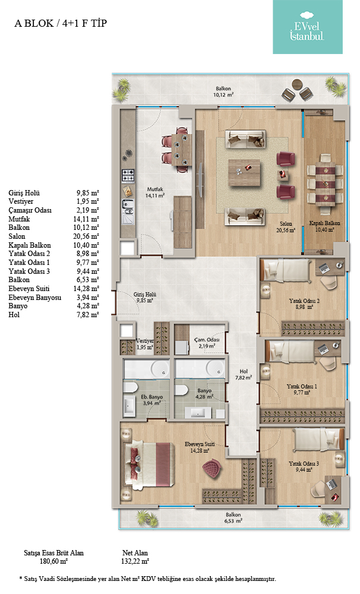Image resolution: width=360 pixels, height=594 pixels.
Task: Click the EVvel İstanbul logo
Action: coord(307,27)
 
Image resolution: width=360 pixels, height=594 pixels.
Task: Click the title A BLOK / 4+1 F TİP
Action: coord(61,24)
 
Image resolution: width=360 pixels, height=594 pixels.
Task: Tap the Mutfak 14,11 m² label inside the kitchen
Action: coord(156,192)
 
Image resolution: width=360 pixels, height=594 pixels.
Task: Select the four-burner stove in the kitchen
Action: coord(128,176)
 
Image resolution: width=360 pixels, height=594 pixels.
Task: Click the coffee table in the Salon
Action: coord(244,173)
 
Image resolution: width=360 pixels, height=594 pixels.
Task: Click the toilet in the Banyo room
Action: coord(181,390)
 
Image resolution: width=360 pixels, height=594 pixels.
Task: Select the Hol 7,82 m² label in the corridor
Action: coord(244,375)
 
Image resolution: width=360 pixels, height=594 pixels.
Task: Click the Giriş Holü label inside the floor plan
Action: coord(145,295)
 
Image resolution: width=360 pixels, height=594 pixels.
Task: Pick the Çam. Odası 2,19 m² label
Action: coord(207,343)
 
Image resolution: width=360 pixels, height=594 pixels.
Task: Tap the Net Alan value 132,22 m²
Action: coord(135,561)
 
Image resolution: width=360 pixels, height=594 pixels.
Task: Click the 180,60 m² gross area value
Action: coord(53,561)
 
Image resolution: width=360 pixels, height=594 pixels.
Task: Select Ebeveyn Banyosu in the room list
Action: coord(35,298)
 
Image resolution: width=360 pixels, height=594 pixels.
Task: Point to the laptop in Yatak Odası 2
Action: coord(324,268)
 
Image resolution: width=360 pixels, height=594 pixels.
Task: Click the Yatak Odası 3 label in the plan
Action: coord(304,464)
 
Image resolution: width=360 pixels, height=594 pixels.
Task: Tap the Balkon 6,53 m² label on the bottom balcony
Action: coord(233,518)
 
